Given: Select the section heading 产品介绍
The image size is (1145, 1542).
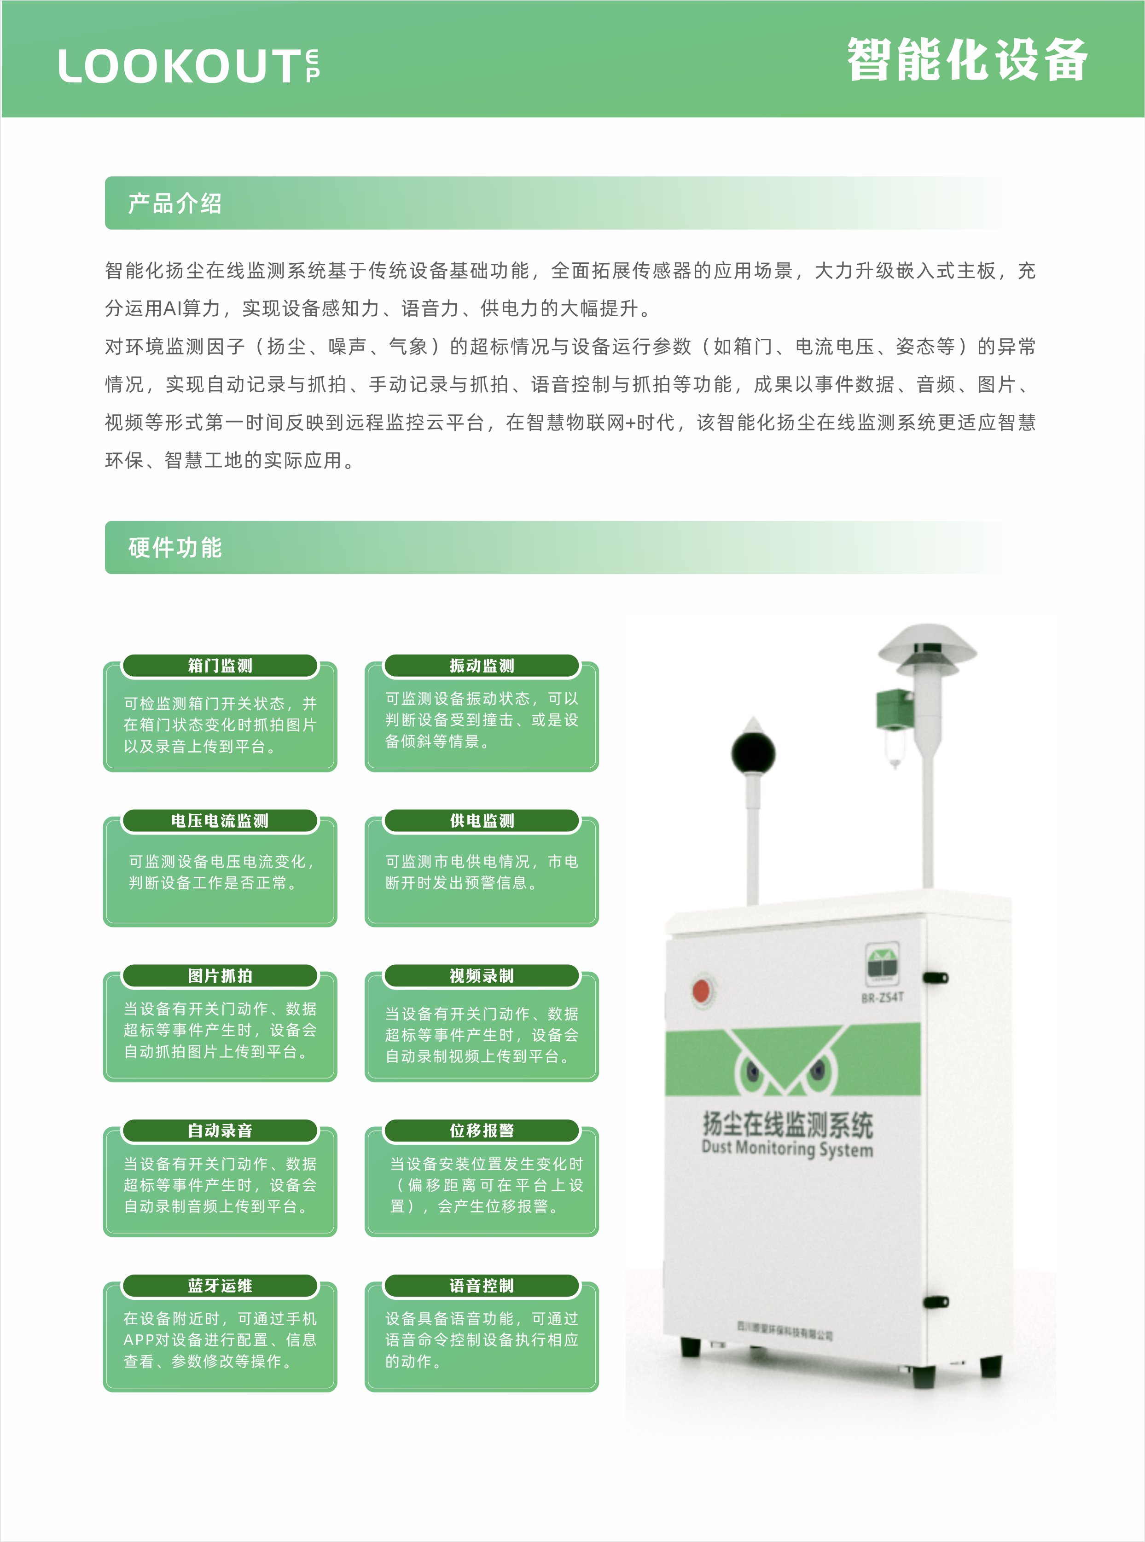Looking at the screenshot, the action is [174, 203].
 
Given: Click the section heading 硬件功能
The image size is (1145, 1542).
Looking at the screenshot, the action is [174, 547].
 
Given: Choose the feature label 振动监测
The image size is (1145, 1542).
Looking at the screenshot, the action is [482, 665].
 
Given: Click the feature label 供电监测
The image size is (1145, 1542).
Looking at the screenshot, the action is [482, 821].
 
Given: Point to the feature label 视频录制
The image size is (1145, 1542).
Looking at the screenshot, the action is [482, 976].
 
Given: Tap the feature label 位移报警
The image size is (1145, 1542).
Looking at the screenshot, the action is [482, 1130].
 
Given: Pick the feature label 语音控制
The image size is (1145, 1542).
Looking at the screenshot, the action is [482, 1286].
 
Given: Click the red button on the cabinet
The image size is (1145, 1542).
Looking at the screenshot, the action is [702, 991].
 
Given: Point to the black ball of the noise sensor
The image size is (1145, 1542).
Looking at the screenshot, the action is [753, 754].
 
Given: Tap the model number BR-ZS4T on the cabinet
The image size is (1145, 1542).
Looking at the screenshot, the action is [882, 997].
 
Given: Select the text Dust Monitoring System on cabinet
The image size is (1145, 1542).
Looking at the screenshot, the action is [787, 1148].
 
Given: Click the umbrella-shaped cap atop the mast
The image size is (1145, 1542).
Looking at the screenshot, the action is [927, 648].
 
